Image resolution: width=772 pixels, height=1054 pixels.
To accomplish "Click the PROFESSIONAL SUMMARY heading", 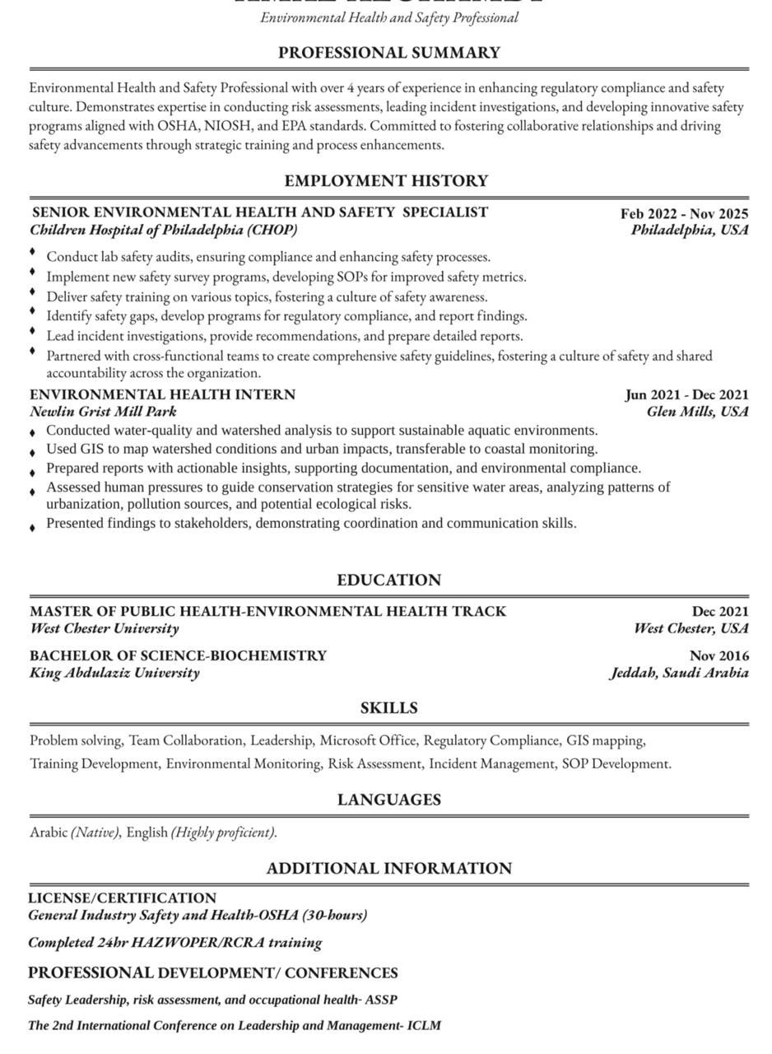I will click(388, 53).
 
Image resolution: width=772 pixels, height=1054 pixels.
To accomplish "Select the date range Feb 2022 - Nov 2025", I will click(684, 213).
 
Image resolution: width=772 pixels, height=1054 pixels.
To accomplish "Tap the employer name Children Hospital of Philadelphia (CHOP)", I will click(164, 230).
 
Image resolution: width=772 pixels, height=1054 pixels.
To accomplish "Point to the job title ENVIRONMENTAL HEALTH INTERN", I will click(162, 394).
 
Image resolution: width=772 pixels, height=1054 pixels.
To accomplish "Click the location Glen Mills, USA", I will click(697, 411).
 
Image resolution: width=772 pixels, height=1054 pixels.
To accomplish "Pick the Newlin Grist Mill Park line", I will click(103, 411).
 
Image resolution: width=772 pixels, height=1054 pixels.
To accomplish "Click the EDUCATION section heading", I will click(388, 581).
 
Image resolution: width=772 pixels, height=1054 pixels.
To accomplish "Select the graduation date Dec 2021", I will click(720, 611).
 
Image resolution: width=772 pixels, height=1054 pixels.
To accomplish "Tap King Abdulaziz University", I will click(114, 673).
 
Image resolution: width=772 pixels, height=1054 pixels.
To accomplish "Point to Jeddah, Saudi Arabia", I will click(679, 673).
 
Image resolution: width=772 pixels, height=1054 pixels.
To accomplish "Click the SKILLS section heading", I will click(388, 708).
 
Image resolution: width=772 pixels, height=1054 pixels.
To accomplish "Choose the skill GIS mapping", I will click(605, 740).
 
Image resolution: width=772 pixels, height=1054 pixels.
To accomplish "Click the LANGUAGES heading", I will click(388, 800).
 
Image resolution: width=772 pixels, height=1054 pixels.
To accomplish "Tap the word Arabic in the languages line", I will click(49, 832).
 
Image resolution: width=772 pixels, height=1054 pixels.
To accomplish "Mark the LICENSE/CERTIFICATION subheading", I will click(122, 898).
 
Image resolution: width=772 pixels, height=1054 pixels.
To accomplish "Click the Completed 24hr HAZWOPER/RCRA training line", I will click(174, 942).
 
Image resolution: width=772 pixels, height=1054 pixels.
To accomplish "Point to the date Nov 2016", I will click(719, 655).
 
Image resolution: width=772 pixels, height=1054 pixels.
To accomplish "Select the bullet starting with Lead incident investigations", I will click(284, 336).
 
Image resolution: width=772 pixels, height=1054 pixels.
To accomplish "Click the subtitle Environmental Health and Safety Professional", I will click(388, 17).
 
